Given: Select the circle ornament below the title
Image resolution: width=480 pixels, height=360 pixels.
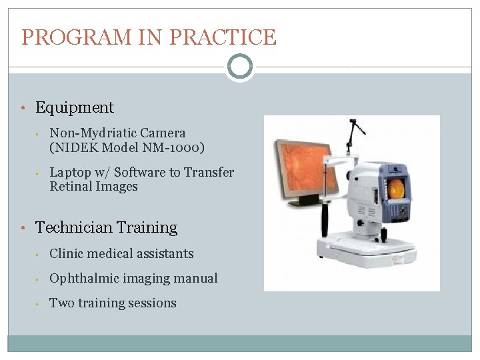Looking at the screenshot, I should point(239,67).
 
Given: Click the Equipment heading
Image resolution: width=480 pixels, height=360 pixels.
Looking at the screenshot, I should point(74,107).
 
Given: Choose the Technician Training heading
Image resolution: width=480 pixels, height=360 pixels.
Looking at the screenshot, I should point(106,227).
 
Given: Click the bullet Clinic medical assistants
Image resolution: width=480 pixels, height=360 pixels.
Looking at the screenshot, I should point(121,254).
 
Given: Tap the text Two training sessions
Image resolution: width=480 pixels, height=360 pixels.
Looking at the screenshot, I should point(113,303).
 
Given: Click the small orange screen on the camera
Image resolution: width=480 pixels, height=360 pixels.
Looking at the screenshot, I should point(396,189).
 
